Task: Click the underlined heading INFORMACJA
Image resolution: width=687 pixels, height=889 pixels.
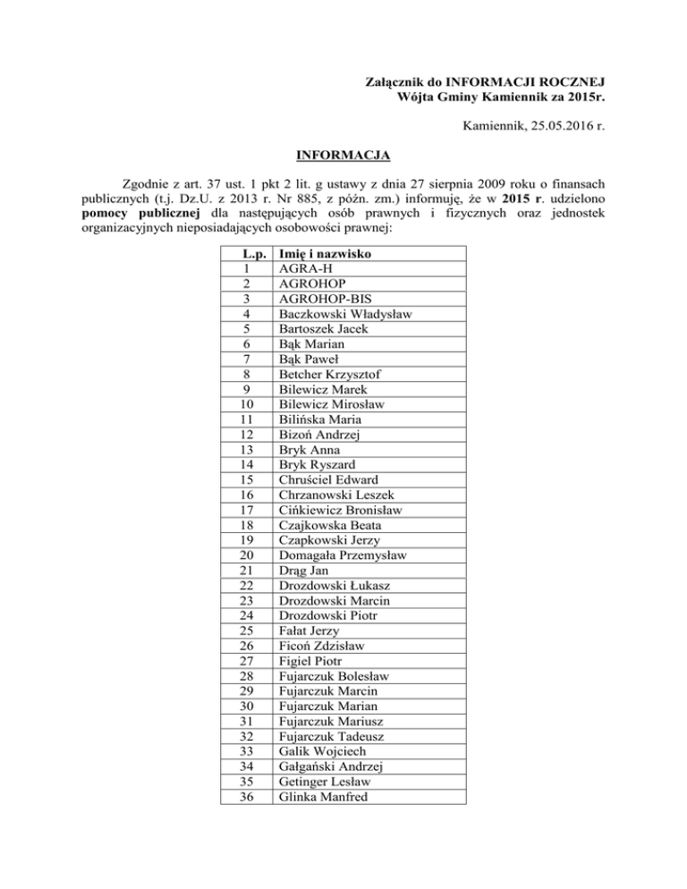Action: click(343, 157)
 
